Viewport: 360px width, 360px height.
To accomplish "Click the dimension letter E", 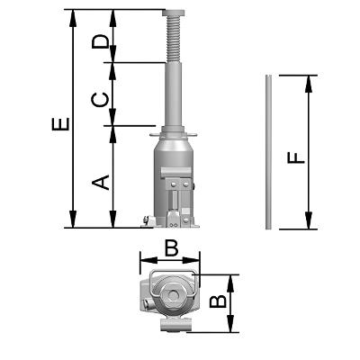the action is tap(61, 124).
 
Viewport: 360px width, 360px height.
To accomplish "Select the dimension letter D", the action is tap(100, 41).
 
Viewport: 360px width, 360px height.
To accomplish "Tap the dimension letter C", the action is tap(99, 100).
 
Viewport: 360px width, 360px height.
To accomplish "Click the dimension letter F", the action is tap(296, 157).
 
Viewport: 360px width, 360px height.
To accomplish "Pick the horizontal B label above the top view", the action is tap(172, 248).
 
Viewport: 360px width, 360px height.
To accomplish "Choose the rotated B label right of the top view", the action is tap(218, 301).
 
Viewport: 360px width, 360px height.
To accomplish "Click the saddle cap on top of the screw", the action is tap(174, 13).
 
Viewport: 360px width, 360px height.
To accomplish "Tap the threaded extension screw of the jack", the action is tap(174, 39).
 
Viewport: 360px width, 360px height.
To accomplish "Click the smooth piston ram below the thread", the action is tap(174, 94).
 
